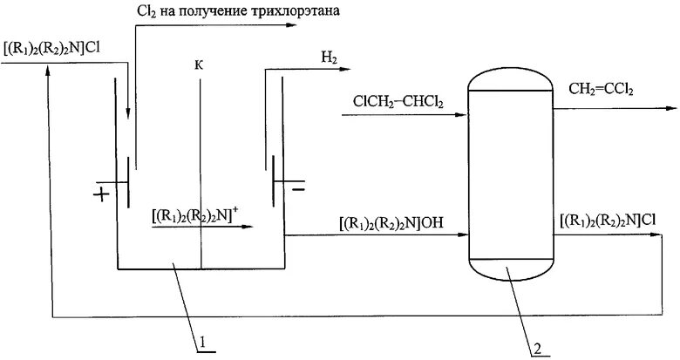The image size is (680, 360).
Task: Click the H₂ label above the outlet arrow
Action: [330, 58]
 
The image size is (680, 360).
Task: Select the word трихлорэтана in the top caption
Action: [295, 10]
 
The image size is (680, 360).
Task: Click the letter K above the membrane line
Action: [199, 65]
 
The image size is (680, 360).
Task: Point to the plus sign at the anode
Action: [101, 195]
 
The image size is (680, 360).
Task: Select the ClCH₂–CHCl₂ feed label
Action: [398, 102]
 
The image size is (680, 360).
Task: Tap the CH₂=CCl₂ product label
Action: [601, 90]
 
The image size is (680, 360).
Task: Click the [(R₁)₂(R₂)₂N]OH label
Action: [391, 224]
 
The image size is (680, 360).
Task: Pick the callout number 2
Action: [537, 350]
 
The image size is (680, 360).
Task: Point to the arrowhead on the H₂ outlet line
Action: [344, 70]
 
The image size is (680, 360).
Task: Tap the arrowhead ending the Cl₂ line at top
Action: [290, 25]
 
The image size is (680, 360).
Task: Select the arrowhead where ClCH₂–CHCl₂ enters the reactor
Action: [462, 115]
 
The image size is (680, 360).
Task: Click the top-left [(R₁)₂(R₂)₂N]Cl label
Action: [51, 48]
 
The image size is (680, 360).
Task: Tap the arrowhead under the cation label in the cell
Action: [247, 227]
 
